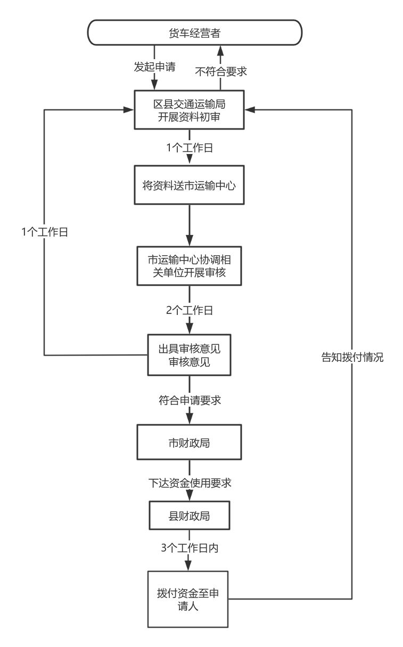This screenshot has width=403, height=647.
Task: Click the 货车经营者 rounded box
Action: point(195,33)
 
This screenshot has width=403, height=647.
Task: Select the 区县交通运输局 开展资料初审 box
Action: point(190,110)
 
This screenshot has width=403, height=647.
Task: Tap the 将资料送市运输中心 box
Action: point(190,186)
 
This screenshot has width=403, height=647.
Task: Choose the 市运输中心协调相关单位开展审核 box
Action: point(190,268)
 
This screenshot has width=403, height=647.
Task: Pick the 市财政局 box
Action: point(190,443)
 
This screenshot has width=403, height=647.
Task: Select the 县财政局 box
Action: point(190,516)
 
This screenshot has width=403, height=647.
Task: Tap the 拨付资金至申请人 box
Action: point(190,600)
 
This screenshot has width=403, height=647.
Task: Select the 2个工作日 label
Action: point(190,311)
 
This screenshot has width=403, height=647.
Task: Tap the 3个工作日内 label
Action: point(190,547)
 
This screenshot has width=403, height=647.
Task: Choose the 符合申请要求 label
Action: point(190,400)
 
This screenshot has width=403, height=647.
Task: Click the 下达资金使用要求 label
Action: point(190,483)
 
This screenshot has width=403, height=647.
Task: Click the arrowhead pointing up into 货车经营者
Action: point(220,50)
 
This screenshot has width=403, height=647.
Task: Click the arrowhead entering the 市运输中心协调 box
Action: point(190,240)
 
